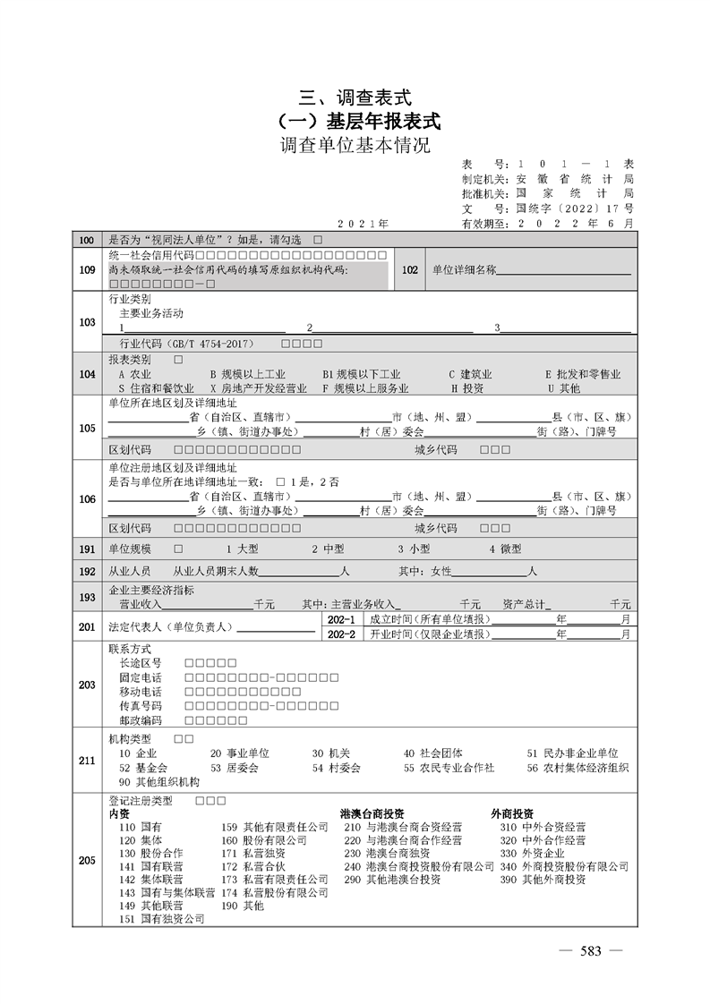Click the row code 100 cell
[x=87, y=241]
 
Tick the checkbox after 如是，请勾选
[x=318, y=241]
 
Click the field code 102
[x=410, y=269]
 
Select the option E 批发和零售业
[x=582, y=374]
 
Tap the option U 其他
[x=563, y=388]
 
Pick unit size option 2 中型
[x=327, y=548]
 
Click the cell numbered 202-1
[x=342, y=619]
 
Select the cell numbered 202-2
[x=342, y=634]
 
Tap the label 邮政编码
[x=140, y=720]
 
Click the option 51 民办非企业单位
[x=572, y=753]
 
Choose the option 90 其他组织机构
[x=158, y=781]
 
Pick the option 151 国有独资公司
[x=161, y=919]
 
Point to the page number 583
[x=590, y=951]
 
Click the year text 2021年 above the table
[x=363, y=222]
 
